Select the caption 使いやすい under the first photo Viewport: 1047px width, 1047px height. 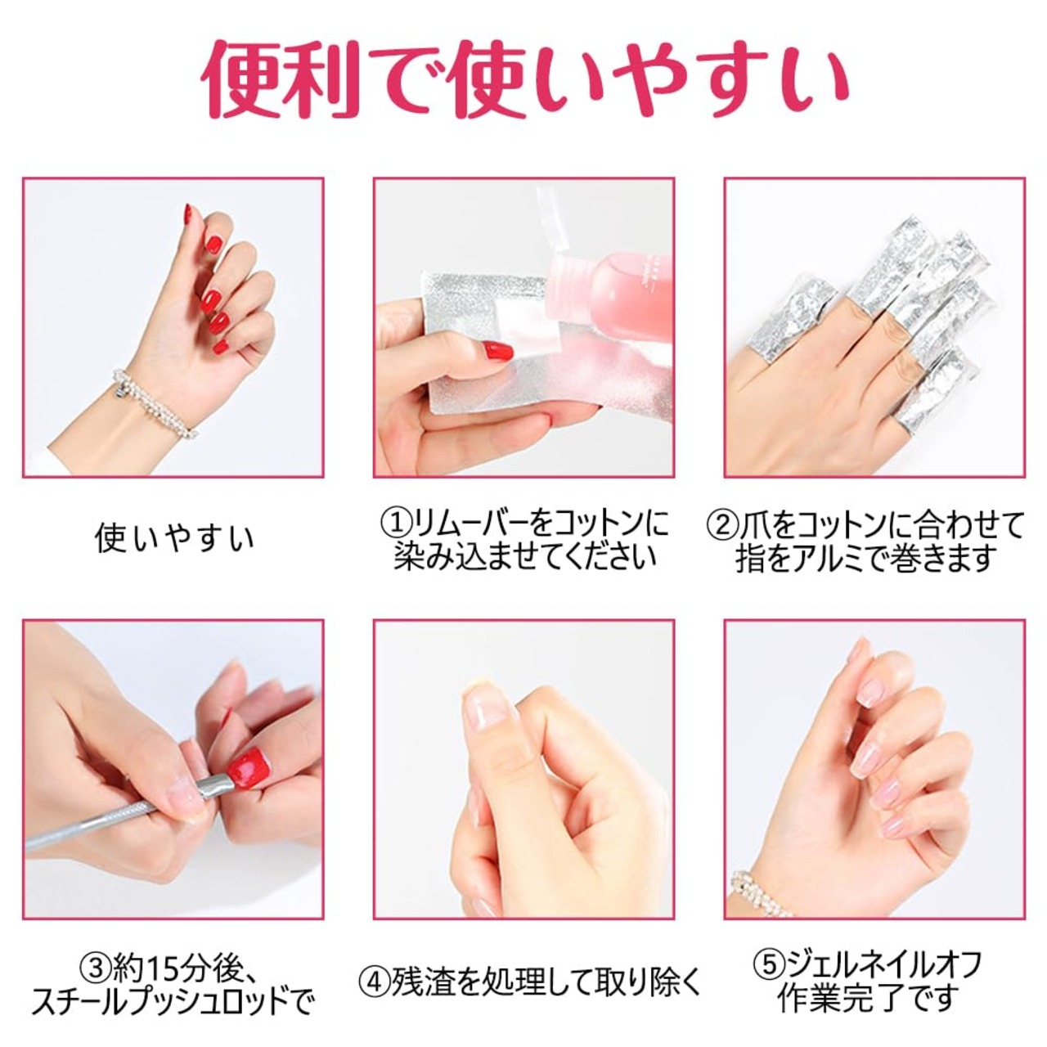click(x=174, y=538)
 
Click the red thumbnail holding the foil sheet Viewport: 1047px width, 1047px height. click(x=498, y=351)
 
